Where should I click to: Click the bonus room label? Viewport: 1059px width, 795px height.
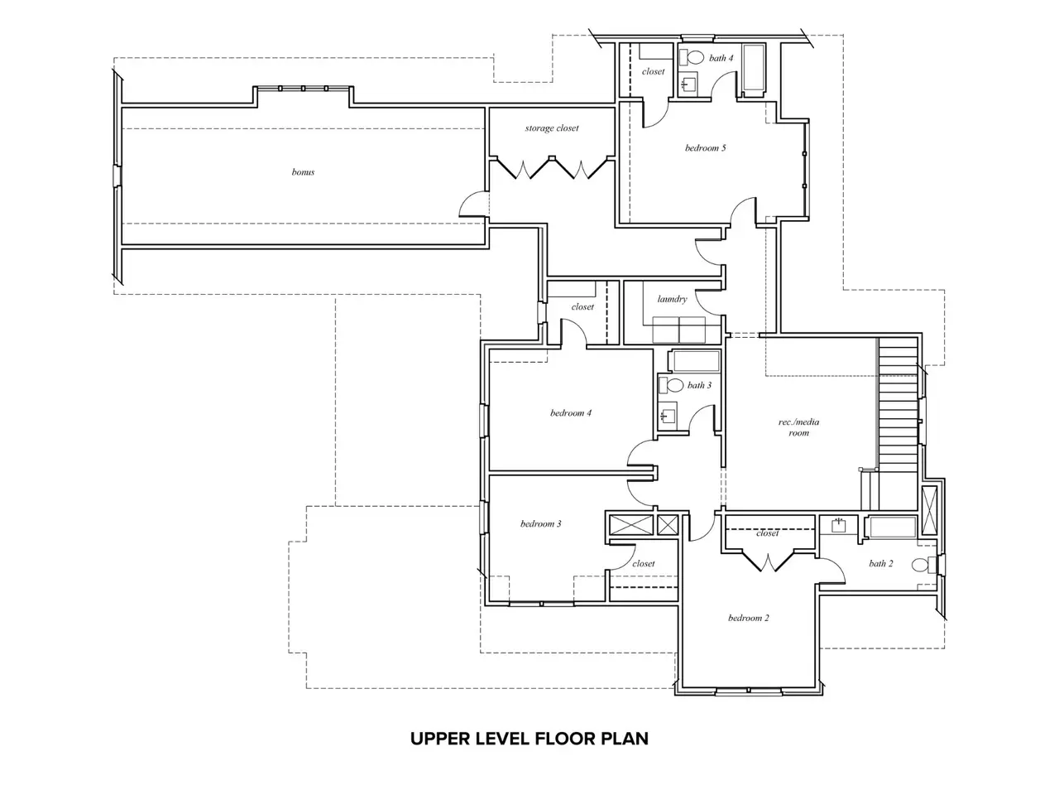(x=303, y=172)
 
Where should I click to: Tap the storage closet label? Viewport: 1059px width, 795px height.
(x=552, y=128)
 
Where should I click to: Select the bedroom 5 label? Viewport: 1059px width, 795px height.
(x=706, y=147)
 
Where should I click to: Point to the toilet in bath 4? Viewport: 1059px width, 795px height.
(x=692, y=58)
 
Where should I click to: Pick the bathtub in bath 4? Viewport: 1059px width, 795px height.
(x=753, y=68)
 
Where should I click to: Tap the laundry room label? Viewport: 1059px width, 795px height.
(x=672, y=299)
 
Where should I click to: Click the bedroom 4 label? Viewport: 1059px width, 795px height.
(x=571, y=412)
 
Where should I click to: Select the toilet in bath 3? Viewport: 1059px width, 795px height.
(x=671, y=385)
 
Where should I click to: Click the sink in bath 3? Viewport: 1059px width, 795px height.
(x=668, y=414)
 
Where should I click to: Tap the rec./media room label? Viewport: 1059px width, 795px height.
(x=799, y=427)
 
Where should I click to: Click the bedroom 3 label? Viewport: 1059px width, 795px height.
(x=541, y=523)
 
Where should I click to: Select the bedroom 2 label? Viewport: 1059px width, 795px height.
(x=749, y=618)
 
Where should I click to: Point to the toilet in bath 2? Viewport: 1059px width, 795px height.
(x=924, y=565)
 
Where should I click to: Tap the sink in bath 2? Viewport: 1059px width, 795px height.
(x=839, y=525)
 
